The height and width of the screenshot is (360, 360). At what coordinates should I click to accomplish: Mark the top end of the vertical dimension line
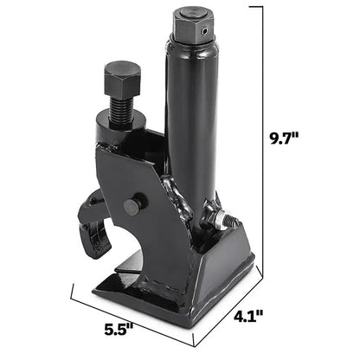pos(260,7)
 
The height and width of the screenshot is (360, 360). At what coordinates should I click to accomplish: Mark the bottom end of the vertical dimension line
pos(260,267)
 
